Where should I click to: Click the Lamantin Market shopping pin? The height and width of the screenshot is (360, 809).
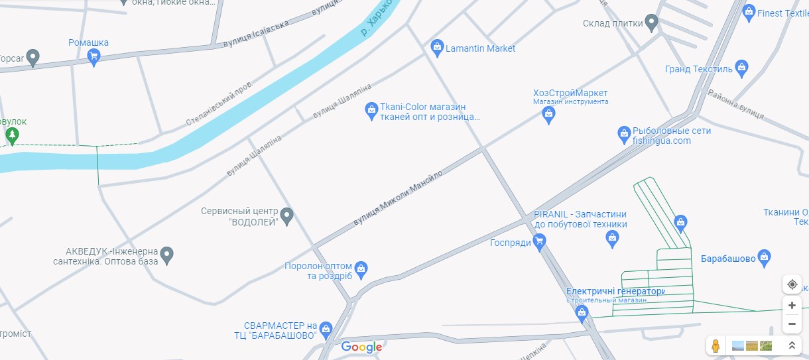436,47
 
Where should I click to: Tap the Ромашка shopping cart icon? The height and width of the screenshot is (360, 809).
93,57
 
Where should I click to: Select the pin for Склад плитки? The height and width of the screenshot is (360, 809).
651,24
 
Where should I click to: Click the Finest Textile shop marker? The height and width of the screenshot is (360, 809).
749,12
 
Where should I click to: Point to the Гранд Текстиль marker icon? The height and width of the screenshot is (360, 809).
741,68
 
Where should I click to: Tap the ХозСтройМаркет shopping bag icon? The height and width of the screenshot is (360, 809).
548,115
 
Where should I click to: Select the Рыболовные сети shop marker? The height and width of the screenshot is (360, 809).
623,135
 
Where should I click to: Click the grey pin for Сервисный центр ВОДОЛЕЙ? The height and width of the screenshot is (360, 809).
286,215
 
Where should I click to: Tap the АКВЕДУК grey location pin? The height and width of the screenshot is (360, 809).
167,255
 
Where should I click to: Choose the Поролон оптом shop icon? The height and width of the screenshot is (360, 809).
361,269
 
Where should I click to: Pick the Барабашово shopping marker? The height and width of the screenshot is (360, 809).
764,257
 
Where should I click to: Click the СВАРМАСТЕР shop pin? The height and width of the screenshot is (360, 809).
325,329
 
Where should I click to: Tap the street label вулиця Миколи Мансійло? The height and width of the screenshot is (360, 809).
398,195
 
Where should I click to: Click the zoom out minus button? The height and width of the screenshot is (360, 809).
792,324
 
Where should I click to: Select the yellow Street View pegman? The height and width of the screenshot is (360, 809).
716,345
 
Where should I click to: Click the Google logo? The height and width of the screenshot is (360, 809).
361,347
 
